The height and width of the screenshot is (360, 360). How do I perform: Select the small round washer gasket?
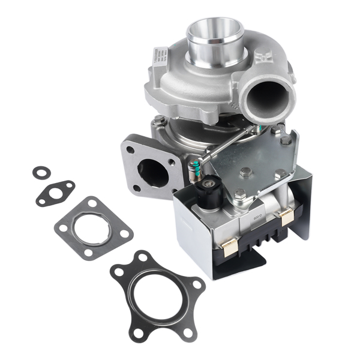pos(40,173)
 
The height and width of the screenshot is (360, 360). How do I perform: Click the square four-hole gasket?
pos(93,228)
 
